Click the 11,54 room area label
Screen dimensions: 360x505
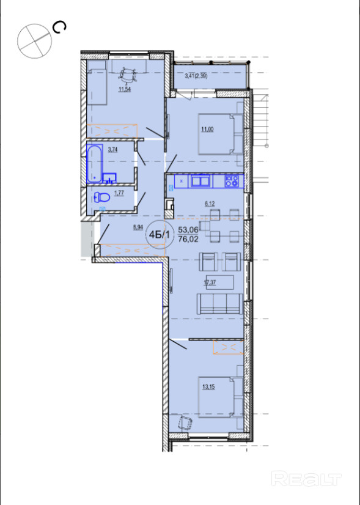[x=125, y=89]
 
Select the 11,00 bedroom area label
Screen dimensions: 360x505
[x=207, y=130]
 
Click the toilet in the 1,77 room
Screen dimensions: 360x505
[x=101, y=197]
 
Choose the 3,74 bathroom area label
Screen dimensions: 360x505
[x=112, y=149]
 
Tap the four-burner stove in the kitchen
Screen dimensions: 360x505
[x=232, y=181]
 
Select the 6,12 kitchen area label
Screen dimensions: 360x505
[x=210, y=204]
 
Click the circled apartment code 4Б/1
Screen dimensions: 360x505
[x=160, y=234]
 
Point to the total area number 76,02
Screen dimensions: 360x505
[x=188, y=239]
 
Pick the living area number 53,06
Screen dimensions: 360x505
[x=188, y=230]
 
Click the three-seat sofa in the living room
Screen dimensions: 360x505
[x=220, y=304]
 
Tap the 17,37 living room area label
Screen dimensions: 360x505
[x=210, y=282]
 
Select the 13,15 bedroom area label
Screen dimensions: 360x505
[x=208, y=387]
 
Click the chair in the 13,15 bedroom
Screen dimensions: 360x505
[x=185, y=422]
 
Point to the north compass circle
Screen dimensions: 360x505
[x=34, y=41]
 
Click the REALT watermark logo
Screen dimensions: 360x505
[x=306, y=479]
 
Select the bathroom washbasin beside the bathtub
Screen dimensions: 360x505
[x=109, y=178]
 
